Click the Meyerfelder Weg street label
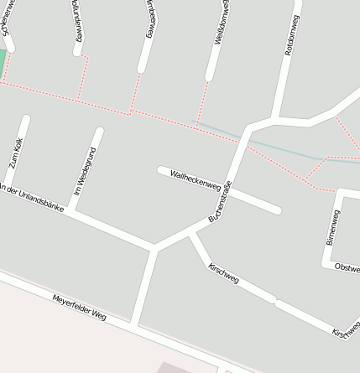(x=80, y=308)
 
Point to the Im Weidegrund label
(x=85, y=171)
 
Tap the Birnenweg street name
(x=333, y=226)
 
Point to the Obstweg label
(x=347, y=267)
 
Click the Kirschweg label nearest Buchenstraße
(x=222, y=272)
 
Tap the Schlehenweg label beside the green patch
(x=8, y=18)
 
